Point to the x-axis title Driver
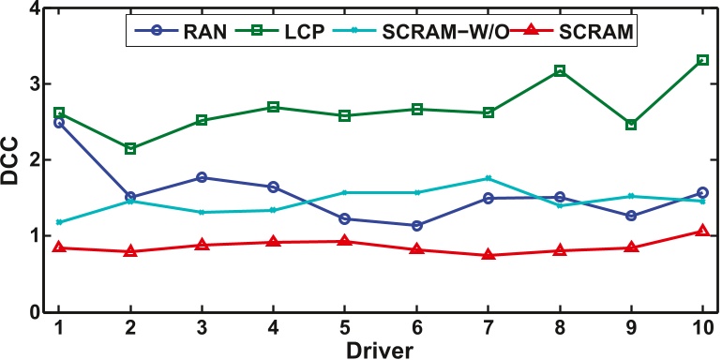[380, 348]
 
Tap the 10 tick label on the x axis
[702, 328]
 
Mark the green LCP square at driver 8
[560, 70]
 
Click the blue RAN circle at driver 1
[58, 123]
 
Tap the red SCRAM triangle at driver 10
[702, 231]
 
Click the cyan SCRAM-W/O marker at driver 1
[58, 222]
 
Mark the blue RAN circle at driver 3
[202, 177]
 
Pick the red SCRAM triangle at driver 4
[273, 242]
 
